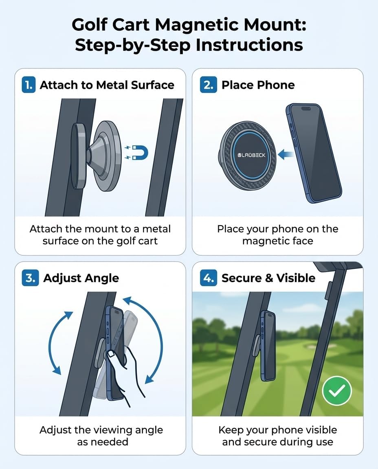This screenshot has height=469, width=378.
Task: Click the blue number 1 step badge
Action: pos(29,85)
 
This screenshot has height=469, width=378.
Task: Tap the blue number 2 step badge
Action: pos(208,85)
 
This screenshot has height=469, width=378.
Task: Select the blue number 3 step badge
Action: pos(30,278)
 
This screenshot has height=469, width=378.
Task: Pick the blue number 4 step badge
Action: pos(209,278)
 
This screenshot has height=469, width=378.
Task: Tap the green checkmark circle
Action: pos(336,390)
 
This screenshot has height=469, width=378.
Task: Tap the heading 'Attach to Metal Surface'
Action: pos(107,85)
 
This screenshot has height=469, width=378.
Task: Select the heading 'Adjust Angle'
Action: pos(81,278)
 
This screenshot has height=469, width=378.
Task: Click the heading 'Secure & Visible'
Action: pos(268,278)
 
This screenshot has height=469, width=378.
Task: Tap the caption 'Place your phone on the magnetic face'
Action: pos(277,235)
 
